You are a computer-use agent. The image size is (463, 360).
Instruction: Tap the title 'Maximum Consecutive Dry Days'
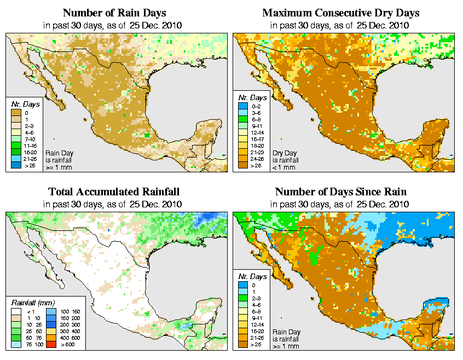[x=340, y=13]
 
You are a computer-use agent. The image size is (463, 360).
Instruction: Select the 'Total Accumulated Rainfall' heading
[x=114, y=192]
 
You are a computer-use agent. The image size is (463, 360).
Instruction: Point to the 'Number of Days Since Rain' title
[x=340, y=192]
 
